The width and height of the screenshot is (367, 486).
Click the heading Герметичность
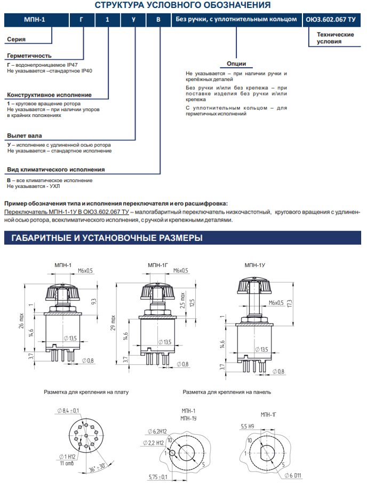(29, 56)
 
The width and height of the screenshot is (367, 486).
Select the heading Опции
(236, 64)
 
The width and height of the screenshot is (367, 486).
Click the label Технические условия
(335, 37)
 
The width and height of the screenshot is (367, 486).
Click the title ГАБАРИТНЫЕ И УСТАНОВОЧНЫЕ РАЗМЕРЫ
(103, 238)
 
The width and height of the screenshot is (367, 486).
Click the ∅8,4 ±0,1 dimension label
(68, 410)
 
